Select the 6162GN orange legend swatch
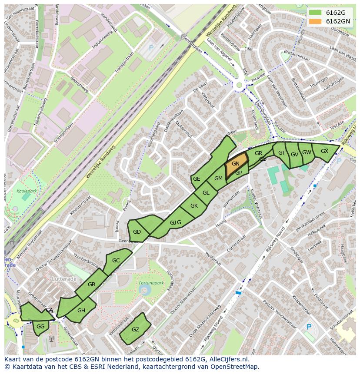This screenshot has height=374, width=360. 316,21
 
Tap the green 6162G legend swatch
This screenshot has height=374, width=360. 316,13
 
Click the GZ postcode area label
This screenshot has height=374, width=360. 135,330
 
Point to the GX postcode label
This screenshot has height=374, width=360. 324,151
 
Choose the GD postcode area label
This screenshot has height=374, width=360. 137,232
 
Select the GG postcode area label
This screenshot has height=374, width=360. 40,327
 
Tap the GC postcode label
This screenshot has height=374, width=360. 116,261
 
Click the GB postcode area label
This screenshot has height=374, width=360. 91,285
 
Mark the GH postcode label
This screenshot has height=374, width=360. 81,311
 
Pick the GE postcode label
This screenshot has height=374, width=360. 197,179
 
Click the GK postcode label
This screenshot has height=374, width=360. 194,206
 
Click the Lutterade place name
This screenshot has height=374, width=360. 64,278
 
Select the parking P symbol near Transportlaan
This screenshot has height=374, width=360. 151,48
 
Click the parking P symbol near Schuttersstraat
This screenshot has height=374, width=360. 309,327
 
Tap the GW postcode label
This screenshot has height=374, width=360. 307,152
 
